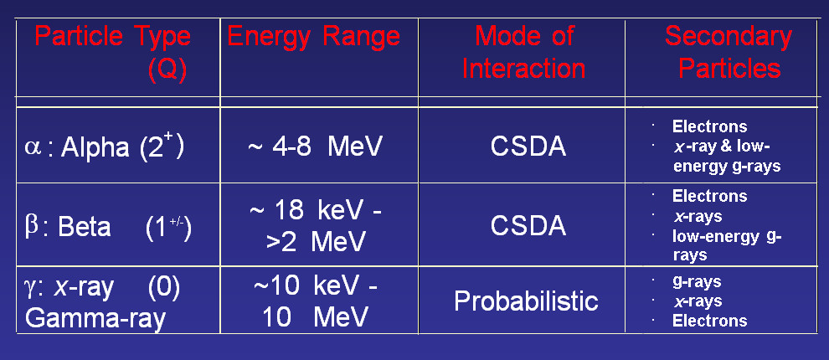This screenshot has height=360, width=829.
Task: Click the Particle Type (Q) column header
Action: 112,54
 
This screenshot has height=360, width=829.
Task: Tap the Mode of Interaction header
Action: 523,53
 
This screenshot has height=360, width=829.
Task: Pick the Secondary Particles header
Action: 729,53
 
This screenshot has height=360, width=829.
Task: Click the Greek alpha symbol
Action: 33,148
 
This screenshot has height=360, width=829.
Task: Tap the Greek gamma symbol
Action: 31,289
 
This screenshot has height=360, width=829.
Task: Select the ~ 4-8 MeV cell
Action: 315,147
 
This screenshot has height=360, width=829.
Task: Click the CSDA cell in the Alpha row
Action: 528,147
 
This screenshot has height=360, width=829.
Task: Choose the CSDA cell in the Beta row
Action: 528,226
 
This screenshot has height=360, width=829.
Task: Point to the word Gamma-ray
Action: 95,318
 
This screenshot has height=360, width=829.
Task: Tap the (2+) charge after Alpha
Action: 162,147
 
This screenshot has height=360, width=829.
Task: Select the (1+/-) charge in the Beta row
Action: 168,228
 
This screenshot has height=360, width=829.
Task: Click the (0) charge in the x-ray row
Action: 164,288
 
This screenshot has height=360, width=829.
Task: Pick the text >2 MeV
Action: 316,242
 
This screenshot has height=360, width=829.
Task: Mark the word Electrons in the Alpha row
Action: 709,127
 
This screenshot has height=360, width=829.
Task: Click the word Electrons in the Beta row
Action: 709,196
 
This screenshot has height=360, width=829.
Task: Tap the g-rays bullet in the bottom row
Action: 697,282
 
